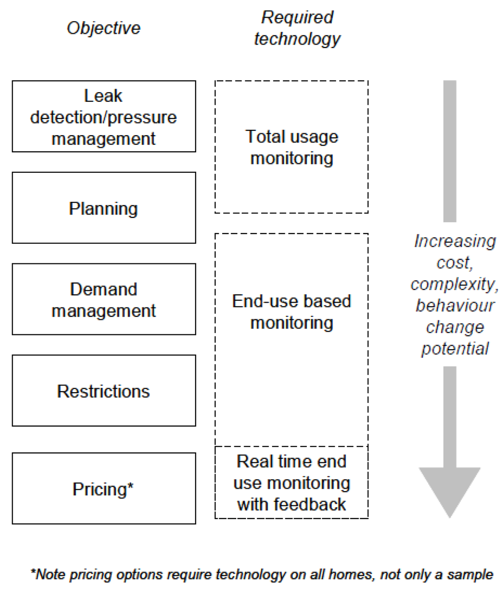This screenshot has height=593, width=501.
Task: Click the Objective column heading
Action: point(103,28)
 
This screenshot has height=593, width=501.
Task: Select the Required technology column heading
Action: point(297,28)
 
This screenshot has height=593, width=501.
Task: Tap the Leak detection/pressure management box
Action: point(104,117)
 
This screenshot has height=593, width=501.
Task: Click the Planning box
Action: point(104,208)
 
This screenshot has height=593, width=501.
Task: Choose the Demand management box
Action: point(104,299)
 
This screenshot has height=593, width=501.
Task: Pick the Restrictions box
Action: point(104,391)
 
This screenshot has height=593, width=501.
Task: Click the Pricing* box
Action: point(104,489)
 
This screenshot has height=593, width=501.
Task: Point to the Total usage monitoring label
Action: point(292,147)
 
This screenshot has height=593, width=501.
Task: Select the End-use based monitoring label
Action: point(292,311)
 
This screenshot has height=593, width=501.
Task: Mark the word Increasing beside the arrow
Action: point(455,241)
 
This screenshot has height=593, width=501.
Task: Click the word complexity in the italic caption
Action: point(453,284)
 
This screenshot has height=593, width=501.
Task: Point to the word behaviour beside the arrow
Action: point(455,306)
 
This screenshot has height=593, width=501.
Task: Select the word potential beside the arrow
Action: point(455,349)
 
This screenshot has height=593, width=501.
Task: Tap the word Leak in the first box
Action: point(103,95)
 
